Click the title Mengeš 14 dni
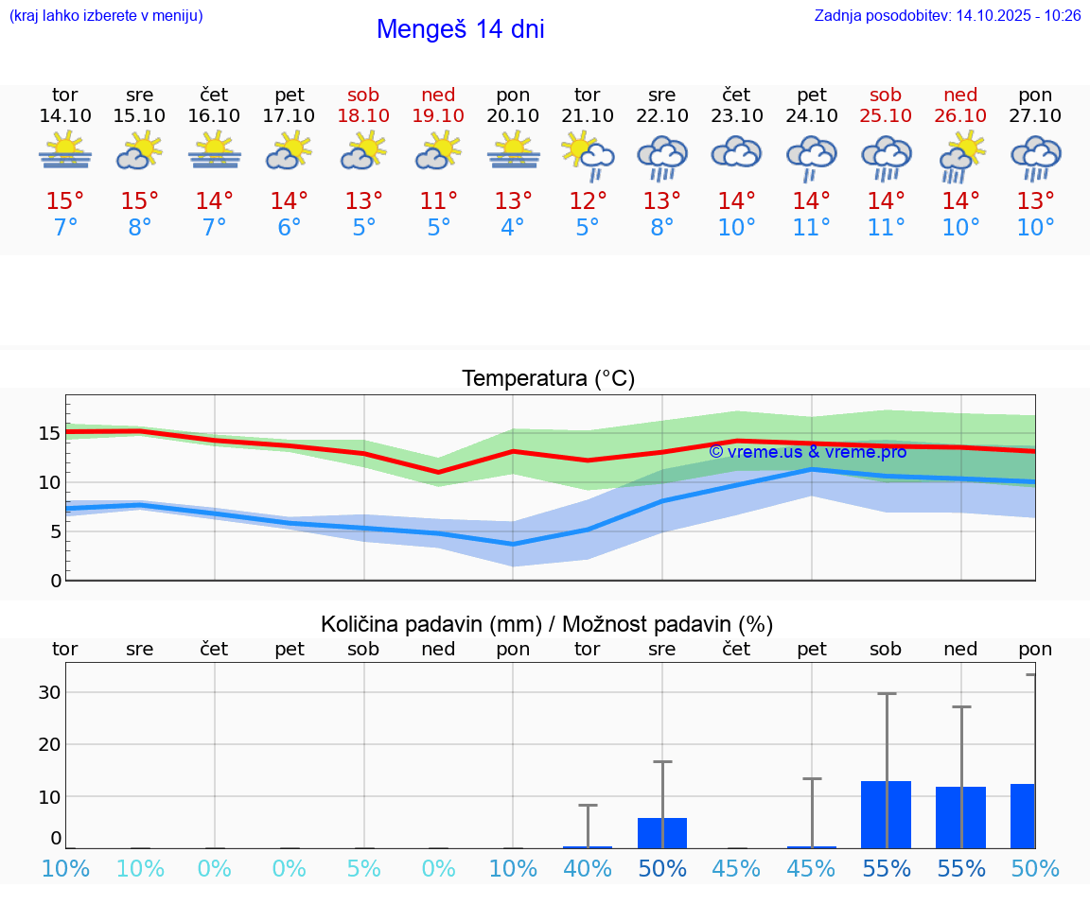pos(460,29)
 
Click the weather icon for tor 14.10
pos(65,150)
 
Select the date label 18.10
pos(363,116)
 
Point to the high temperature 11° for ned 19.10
pos(438,200)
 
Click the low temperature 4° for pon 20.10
pos(513,228)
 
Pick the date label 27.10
pos(1035,116)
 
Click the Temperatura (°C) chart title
pos(548,379)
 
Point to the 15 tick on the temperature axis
pos(49,434)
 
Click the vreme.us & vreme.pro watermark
pos(807,452)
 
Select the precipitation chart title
pos(547,624)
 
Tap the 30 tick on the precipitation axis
pos(49,692)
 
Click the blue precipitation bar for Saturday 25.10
pos(886,814)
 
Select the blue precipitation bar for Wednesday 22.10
pos(662,833)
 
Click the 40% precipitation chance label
pos(588,869)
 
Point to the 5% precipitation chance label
pos(363,869)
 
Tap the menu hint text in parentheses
pos(106,15)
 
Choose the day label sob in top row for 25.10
pos(886,96)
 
